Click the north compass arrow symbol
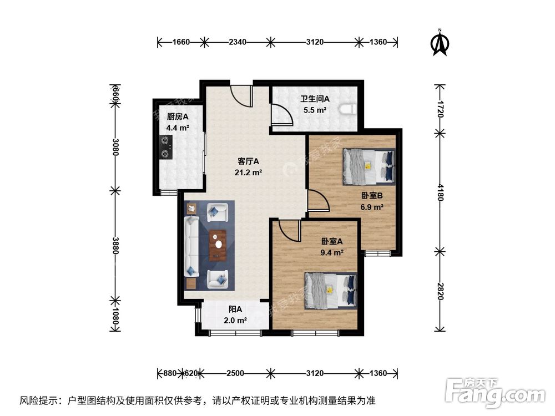pyautogui.click(x=440, y=43)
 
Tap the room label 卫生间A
pyautogui.click(x=315, y=99)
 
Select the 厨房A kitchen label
pyautogui.click(x=178, y=116)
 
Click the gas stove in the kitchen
pyautogui.click(x=165, y=147)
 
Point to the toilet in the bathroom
pyautogui.click(x=349, y=109)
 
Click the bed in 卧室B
pyautogui.click(x=369, y=166)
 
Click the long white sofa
pyautogui.click(x=191, y=246)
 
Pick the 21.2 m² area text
pyautogui.click(x=249, y=173)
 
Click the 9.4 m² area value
pyautogui.click(x=331, y=252)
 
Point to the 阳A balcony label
pyautogui.click(x=235, y=310)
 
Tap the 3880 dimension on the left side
pyautogui.click(x=115, y=245)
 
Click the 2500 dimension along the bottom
pyautogui.click(x=235, y=373)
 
